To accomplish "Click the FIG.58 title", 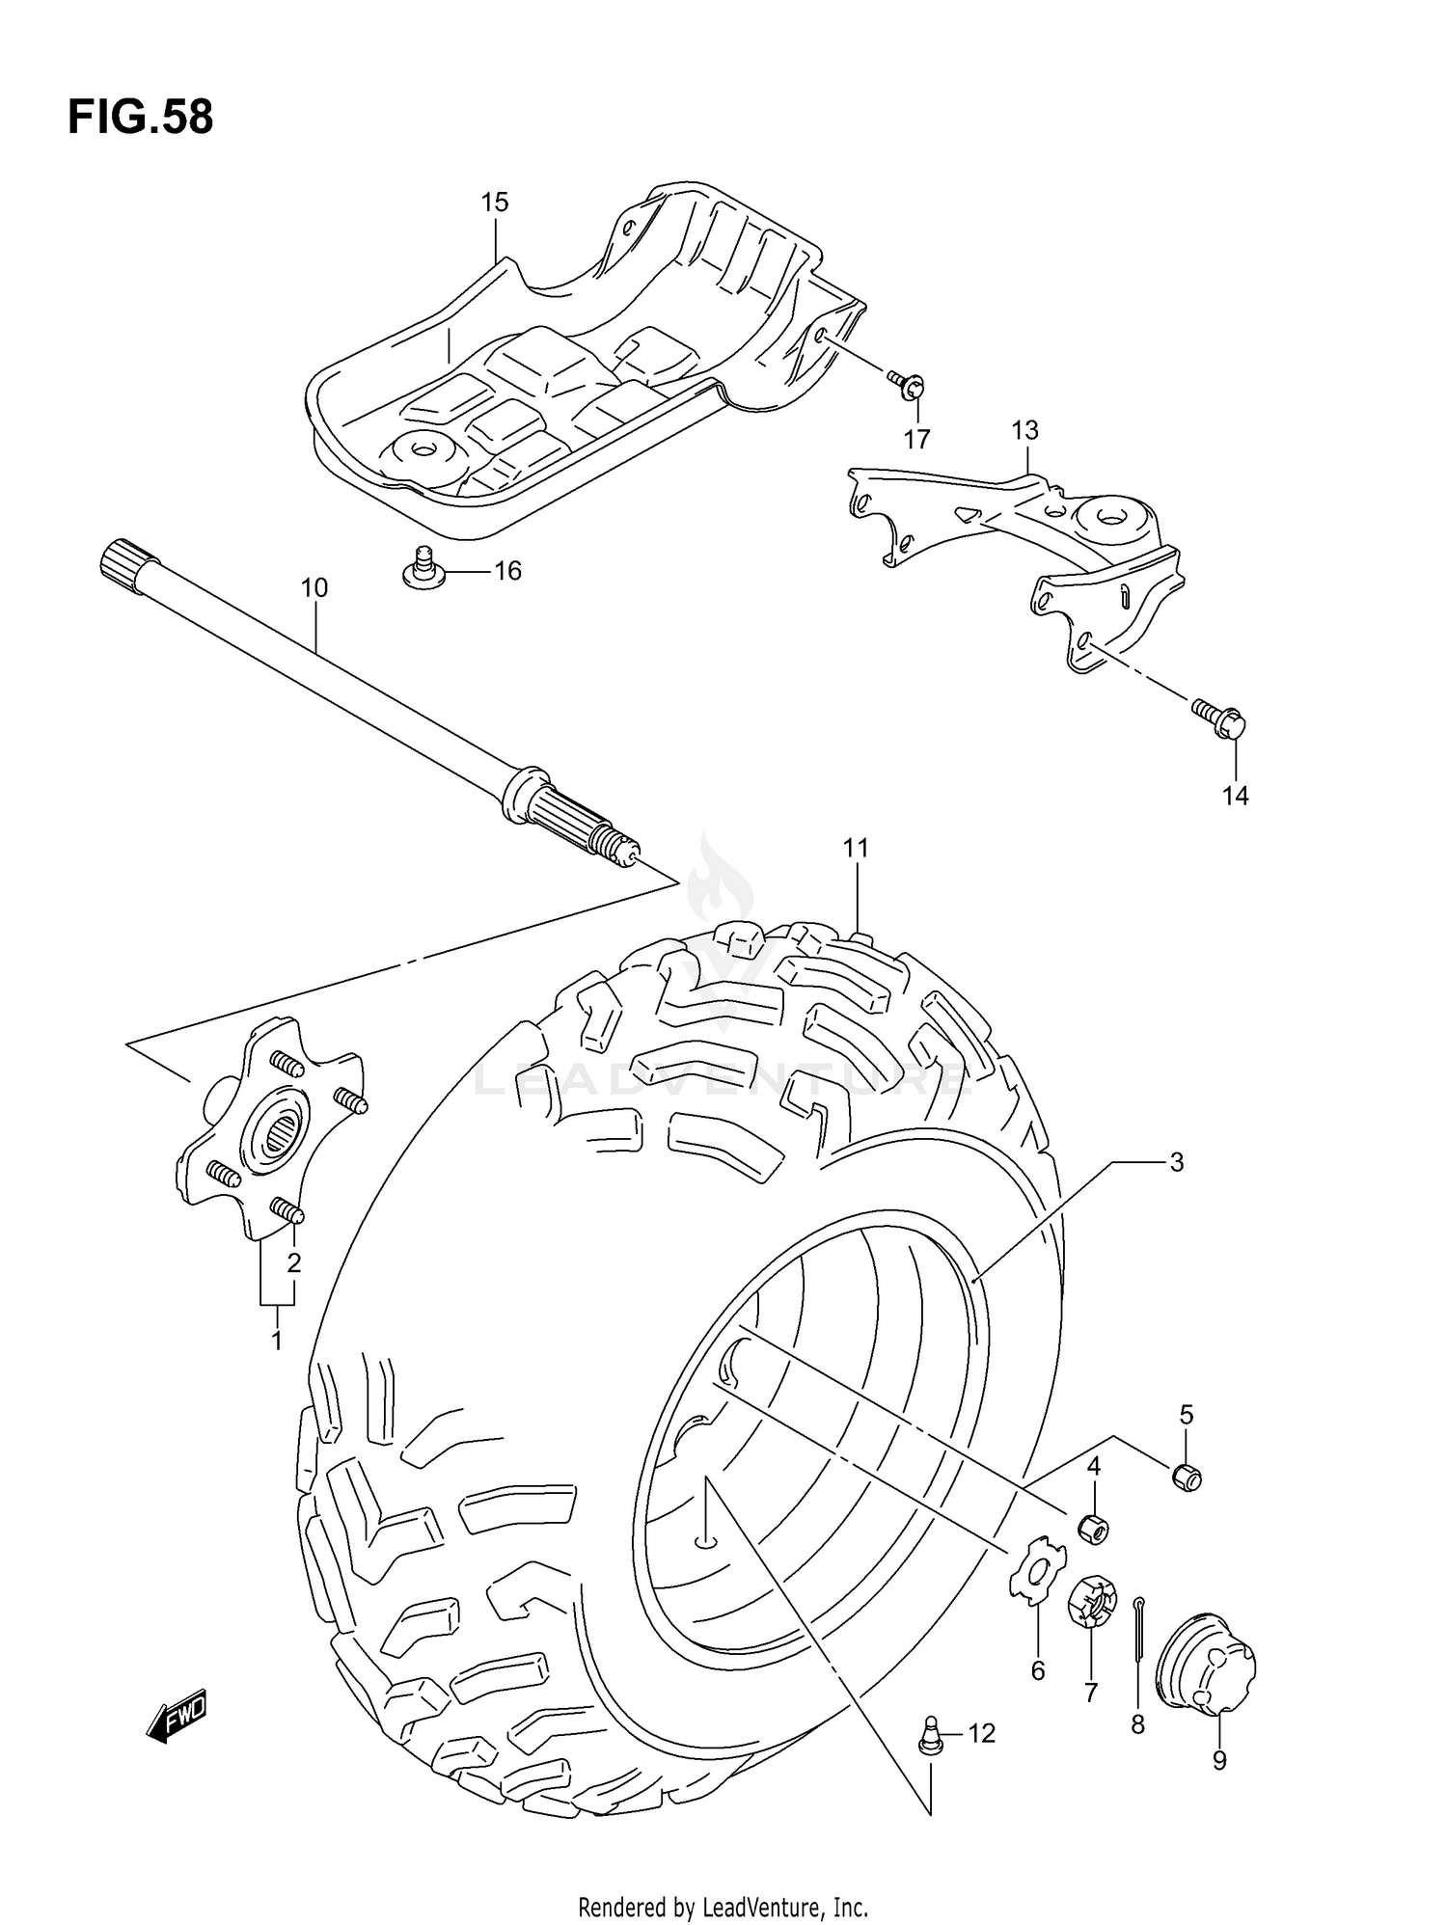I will click(140, 118).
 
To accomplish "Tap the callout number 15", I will click(494, 203).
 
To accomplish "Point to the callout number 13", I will click(1024, 429).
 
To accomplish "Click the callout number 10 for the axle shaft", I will click(314, 587).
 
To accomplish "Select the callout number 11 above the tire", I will click(856, 848).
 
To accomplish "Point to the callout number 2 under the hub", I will click(294, 1262).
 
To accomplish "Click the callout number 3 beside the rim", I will click(1176, 1163).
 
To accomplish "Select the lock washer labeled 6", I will click(1036, 1575).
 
